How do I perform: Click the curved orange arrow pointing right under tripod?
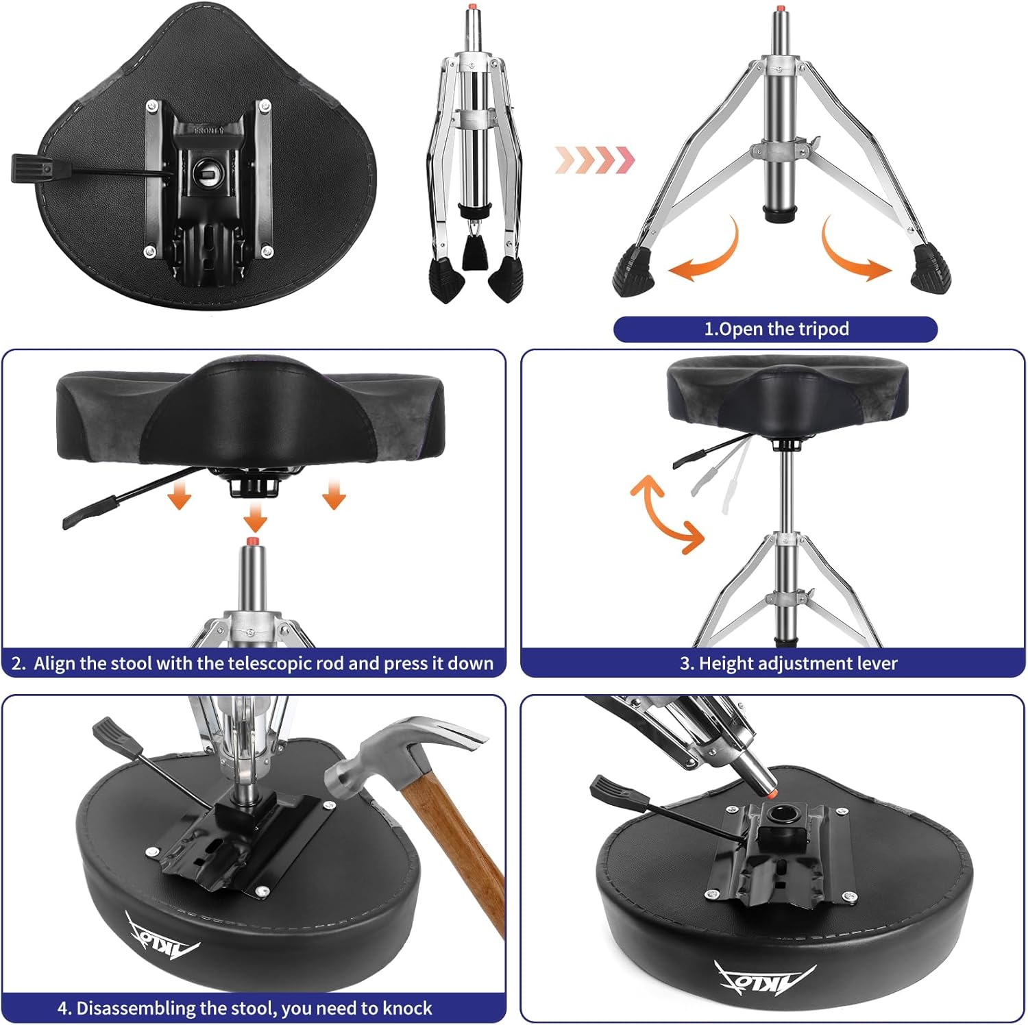point(853,254)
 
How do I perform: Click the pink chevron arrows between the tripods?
point(595,160)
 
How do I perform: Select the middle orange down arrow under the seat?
point(255,517)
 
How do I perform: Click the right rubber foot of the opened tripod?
point(931,269)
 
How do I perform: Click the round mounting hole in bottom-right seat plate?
point(782,815)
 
